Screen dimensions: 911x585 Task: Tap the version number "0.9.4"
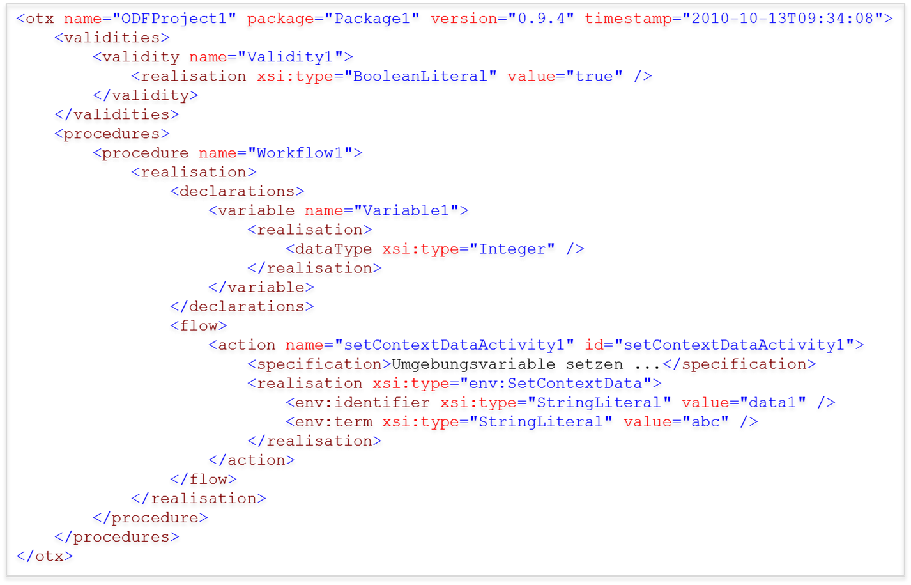point(541,19)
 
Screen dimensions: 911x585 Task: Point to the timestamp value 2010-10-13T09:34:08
point(782,19)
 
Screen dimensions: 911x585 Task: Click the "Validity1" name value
point(290,57)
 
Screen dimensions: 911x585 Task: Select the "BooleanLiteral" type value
point(420,76)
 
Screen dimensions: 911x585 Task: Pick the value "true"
point(594,76)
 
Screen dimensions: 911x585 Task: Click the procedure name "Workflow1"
point(300,153)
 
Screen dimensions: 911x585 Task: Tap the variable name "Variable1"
point(406,210)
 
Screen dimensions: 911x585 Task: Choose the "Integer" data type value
point(512,249)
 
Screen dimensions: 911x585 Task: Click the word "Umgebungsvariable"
point(473,364)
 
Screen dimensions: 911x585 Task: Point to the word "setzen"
point(594,364)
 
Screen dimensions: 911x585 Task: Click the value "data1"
point(772,403)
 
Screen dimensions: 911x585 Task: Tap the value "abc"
point(705,422)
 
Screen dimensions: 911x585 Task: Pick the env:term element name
point(333,422)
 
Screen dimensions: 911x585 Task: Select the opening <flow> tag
point(199,325)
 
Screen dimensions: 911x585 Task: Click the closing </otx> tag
point(45,556)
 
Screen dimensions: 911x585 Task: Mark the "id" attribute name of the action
point(594,345)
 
